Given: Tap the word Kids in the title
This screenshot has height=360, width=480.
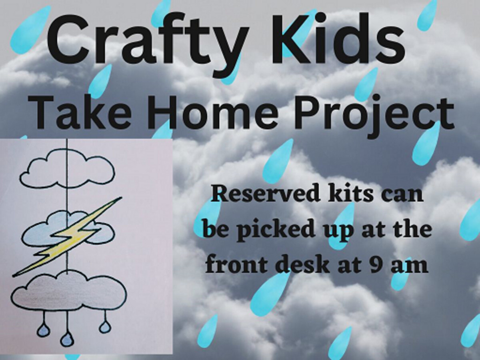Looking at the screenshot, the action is tap(338, 38).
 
